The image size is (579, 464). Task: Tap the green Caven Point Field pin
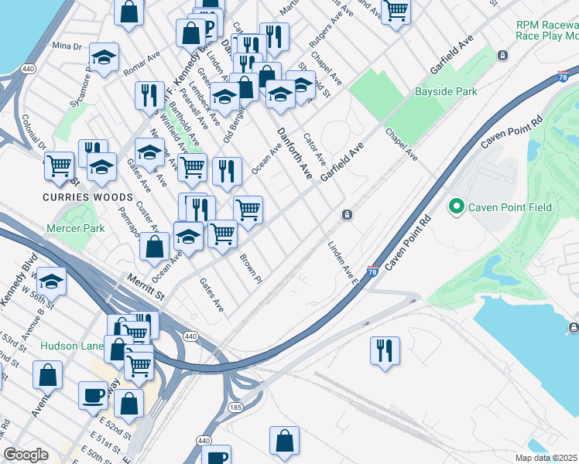click(x=456, y=206)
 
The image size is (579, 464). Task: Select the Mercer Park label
click(x=75, y=229)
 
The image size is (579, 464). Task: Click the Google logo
click(x=26, y=455)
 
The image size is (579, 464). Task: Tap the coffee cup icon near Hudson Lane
click(x=93, y=395)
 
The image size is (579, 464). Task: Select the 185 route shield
click(x=235, y=405)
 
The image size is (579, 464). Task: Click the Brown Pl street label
click(x=251, y=268)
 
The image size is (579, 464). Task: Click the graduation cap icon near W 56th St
click(x=52, y=281)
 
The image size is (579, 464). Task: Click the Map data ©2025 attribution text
click(x=546, y=458)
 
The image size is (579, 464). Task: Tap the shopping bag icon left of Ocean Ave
click(x=155, y=246)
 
